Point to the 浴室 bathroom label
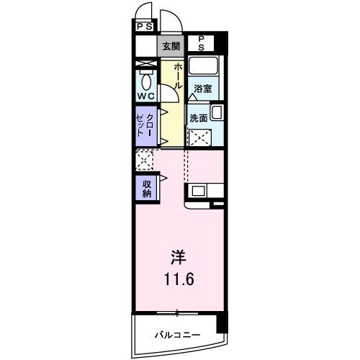(x=203, y=89)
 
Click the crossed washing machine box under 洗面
(x=199, y=136)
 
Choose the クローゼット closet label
(x=145, y=125)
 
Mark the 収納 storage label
(x=146, y=189)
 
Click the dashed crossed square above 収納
(x=144, y=159)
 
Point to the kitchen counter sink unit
(x=205, y=192)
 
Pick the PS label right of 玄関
(x=201, y=42)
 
